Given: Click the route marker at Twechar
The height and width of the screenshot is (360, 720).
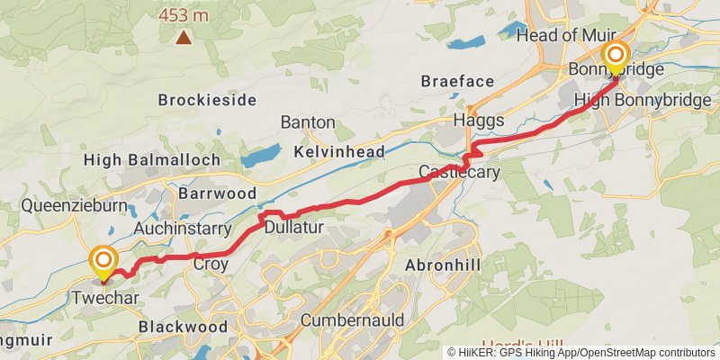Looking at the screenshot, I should tap(104, 263).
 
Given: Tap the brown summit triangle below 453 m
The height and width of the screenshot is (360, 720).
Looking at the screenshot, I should tap(184, 37).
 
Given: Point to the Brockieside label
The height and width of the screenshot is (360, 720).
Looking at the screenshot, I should tap(207, 100).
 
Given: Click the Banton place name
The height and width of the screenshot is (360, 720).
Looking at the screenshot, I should tap(308, 121).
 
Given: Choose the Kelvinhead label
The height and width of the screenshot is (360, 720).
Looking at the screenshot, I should tap(339, 152).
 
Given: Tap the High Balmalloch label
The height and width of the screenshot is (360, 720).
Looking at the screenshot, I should tap(151, 160).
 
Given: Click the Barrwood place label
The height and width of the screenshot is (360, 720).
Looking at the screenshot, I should tap(217, 193).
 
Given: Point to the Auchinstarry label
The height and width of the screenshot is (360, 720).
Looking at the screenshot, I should tap(183, 229).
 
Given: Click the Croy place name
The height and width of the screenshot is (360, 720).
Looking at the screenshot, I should tap(211, 265).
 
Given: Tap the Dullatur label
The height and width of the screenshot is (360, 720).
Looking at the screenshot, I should tap(293, 229).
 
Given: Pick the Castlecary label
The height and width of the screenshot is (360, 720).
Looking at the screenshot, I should tap(459, 172).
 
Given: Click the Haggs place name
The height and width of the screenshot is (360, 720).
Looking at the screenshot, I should tap(479, 121).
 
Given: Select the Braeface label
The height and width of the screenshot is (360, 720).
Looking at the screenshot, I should tap(457, 82).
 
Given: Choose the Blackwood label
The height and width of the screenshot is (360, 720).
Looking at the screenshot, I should tap(183, 328).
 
